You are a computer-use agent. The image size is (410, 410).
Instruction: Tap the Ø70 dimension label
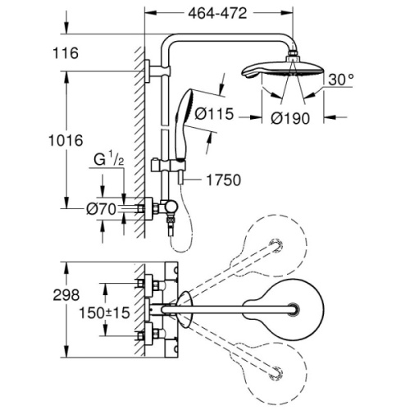[x=100, y=210]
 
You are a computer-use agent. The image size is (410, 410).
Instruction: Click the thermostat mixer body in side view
[x=157, y=210]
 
